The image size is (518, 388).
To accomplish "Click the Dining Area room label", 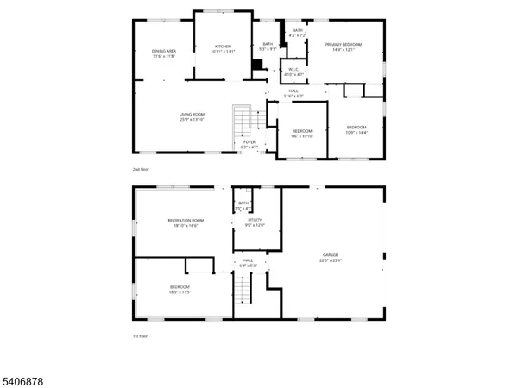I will (164, 53).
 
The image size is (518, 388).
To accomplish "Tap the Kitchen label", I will (223, 48).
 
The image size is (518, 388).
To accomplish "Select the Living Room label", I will (192, 116).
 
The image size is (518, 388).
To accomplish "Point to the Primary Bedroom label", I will (343, 47).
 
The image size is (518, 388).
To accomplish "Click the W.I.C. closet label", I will (294, 72).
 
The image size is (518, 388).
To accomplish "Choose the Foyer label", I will (249, 144).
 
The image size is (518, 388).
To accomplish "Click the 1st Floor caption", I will (140, 335).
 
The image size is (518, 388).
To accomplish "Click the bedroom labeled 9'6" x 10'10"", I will (302, 134).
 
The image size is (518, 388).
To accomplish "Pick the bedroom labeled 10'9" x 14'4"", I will (357, 130).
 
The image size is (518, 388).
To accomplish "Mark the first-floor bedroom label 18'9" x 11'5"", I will (180, 290).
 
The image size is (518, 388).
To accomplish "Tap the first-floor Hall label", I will (249, 262).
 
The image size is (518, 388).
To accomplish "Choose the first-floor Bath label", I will (243, 205).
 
